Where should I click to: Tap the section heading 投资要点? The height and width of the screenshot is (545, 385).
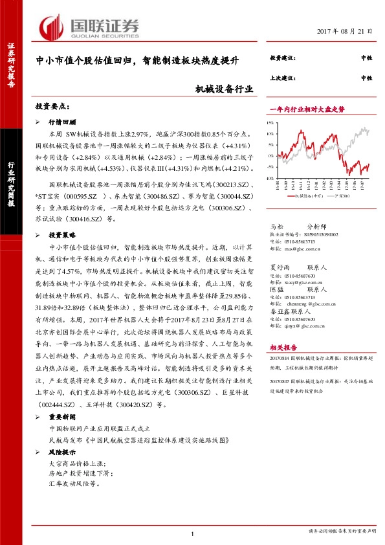coord(54,106)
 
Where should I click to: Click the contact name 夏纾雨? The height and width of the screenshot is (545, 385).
coord(280,266)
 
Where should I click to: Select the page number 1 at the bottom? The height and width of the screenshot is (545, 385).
coord(193,533)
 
